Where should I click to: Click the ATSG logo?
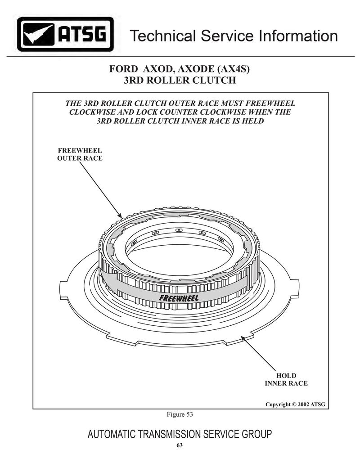pyautogui.click(x=65, y=35)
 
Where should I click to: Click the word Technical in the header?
pyautogui.click(x=163, y=36)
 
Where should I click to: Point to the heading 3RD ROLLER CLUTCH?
pyautogui.click(x=180, y=80)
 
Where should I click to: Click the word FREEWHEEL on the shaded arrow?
pyautogui.click(x=179, y=298)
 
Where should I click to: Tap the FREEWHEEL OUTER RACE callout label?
pyautogui.click(x=80, y=154)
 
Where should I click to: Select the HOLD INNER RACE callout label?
pyautogui.click(x=286, y=379)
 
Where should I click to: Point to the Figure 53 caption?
pyautogui.click(x=180, y=414)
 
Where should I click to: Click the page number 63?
pyautogui.click(x=180, y=445)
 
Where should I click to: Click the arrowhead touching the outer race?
pyautogui.click(x=120, y=215)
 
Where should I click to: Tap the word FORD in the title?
pyautogui.click(x=123, y=69)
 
